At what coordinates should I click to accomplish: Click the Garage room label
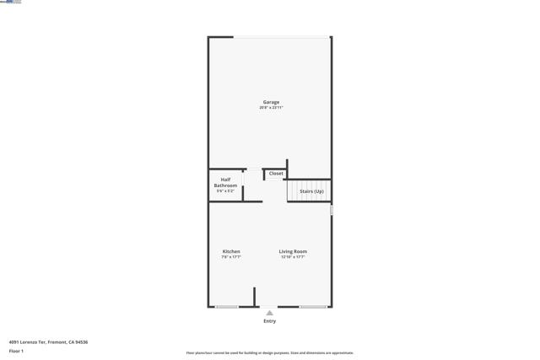click(271, 102)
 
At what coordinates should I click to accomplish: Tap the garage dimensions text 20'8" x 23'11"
click(271, 108)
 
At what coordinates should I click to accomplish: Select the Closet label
click(276, 174)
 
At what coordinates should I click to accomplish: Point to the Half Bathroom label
click(225, 182)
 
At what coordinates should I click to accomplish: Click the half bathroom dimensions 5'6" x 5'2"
click(225, 191)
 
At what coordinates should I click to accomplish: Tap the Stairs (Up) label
click(311, 191)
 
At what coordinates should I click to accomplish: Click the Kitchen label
click(231, 251)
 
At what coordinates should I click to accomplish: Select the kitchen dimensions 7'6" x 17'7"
click(231, 257)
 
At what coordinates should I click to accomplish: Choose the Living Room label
click(293, 251)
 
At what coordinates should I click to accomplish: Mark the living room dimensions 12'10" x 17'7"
click(293, 257)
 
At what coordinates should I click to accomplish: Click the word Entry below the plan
click(269, 321)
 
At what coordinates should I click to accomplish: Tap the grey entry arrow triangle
click(269, 313)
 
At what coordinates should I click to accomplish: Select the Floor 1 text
click(16, 351)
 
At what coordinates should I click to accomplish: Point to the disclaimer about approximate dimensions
click(269, 353)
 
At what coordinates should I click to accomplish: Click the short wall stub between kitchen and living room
click(254, 297)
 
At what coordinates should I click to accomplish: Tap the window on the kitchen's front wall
click(226, 307)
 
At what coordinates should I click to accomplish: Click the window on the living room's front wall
click(313, 307)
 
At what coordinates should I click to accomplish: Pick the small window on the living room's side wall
click(332, 210)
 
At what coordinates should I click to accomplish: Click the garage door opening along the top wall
click(281, 37)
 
